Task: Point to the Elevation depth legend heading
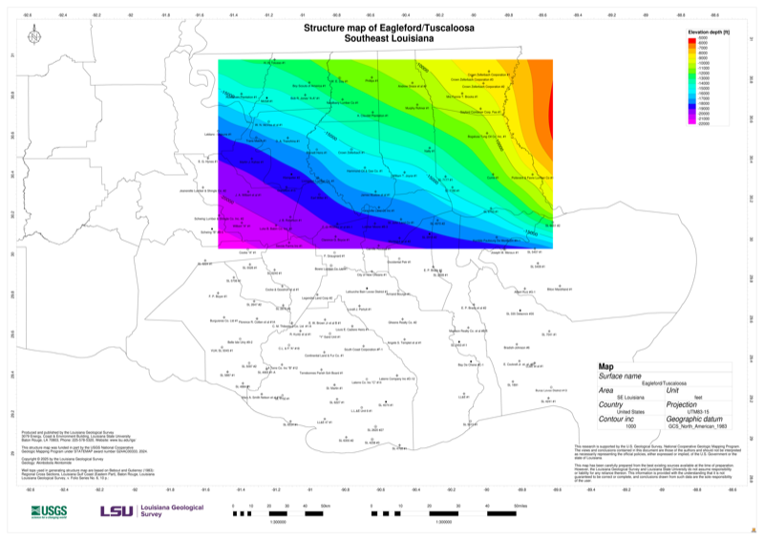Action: coord(709,32)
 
